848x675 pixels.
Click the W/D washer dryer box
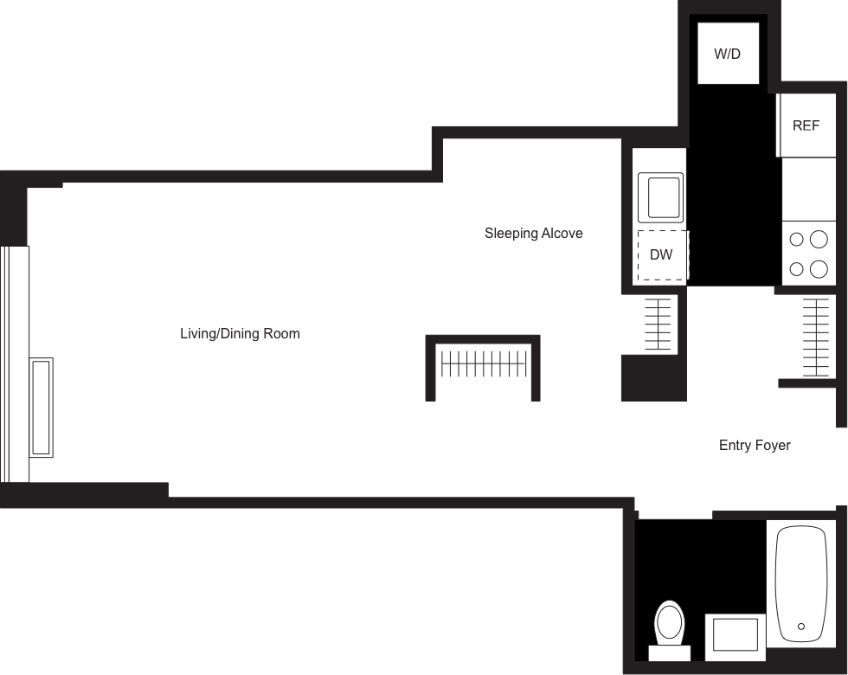(x=728, y=54)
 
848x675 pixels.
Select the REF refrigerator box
(x=806, y=125)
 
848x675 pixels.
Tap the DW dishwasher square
(x=662, y=255)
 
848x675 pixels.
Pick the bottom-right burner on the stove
(x=819, y=269)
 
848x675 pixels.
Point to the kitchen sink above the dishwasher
(x=660, y=196)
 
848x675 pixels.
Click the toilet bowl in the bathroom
(x=669, y=620)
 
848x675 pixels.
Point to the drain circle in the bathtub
(x=801, y=627)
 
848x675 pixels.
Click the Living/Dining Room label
(x=240, y=333)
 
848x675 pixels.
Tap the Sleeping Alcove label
(x=533, y=234)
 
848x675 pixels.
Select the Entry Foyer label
(x=755, y=446)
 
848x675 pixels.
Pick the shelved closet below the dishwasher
(x=658, y=325)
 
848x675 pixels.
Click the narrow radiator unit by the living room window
(x=42, y=407)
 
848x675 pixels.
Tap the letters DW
(x=662, y=255)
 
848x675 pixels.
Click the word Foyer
(x=773, y=446)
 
